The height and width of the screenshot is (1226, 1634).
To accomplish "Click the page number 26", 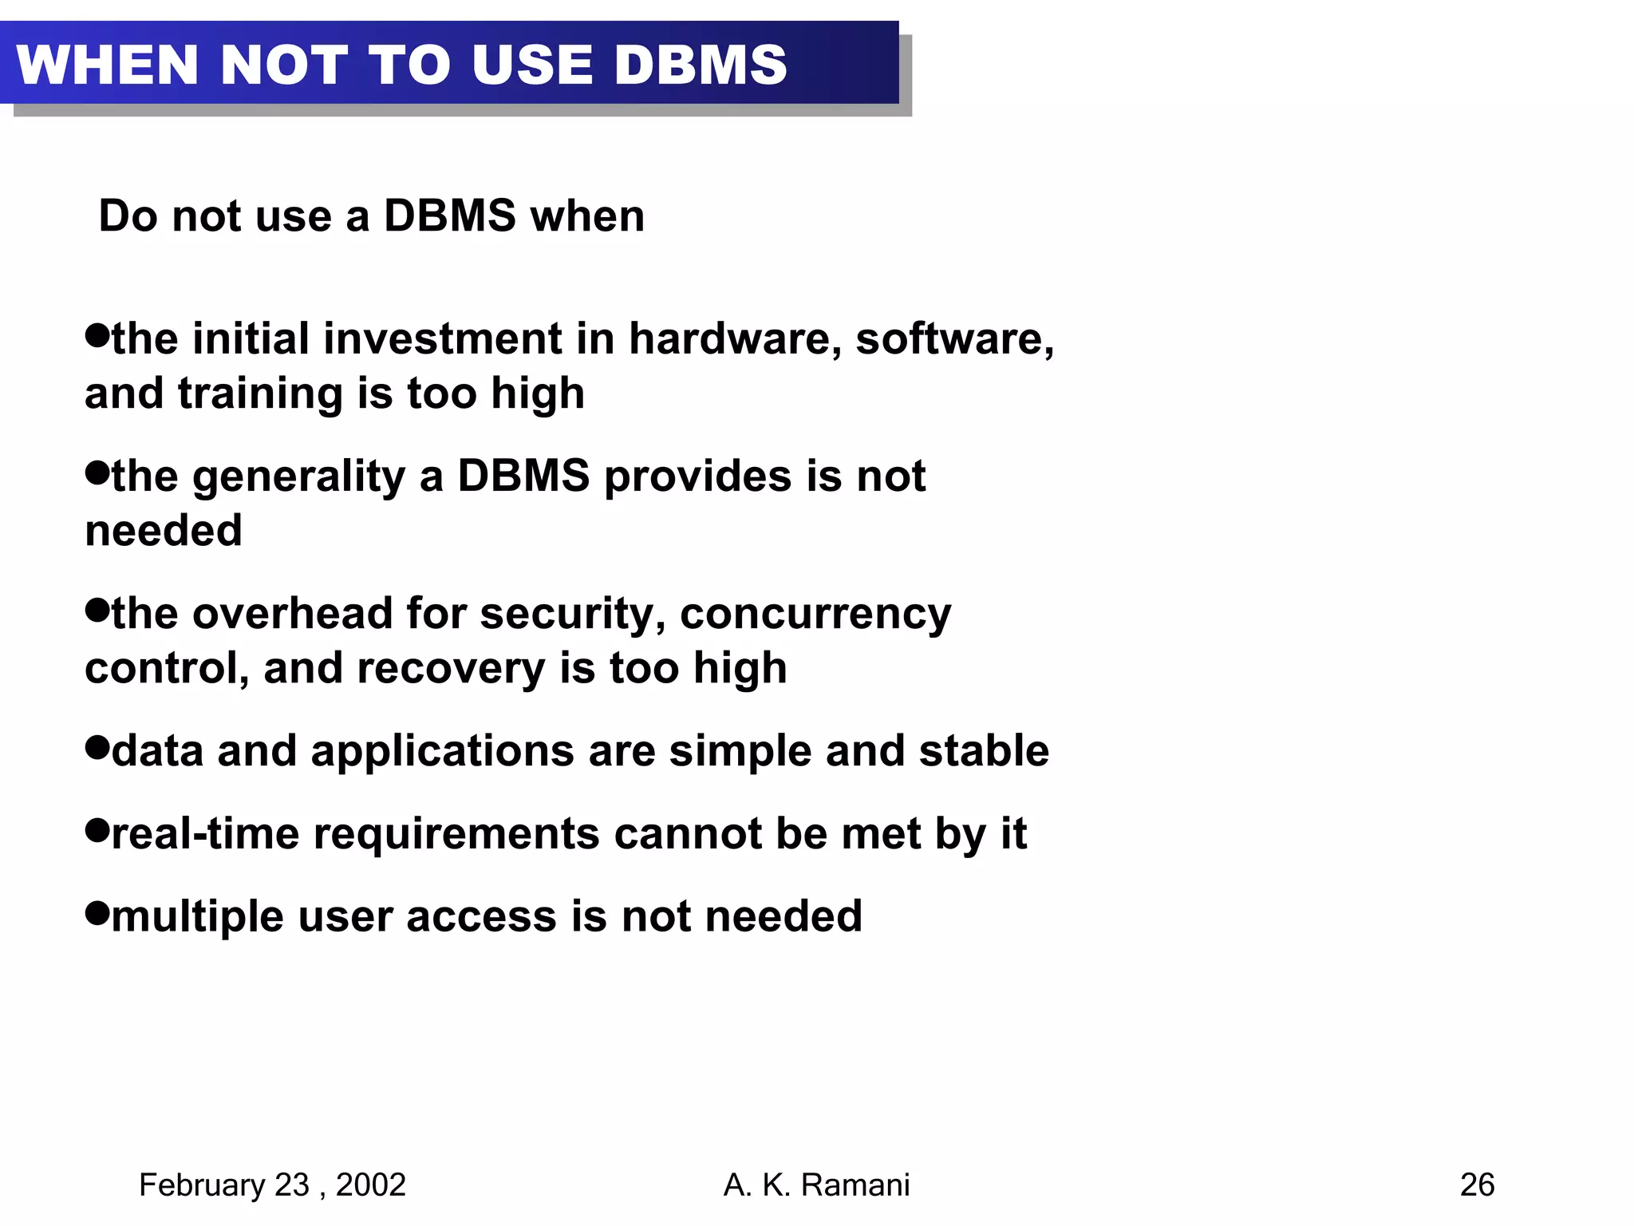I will click(1477, 1185).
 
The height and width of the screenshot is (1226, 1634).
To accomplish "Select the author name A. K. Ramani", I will click(816, 1185).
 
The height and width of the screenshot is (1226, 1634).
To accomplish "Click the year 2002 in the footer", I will click(371, 1185).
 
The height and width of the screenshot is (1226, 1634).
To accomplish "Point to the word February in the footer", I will click(202, 1185).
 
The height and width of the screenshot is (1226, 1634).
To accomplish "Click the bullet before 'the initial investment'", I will click(97, 335).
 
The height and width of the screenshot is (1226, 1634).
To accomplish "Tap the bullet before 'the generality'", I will click(97, 473).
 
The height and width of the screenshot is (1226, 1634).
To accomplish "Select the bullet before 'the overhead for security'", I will click(97, 611).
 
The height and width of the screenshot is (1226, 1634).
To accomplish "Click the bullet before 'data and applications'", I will click(97, 748).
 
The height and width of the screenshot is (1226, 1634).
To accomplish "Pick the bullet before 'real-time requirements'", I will click(97, 831).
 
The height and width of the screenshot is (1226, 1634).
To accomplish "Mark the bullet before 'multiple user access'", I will click(97, 913).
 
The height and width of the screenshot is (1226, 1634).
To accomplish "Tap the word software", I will click(954, 339).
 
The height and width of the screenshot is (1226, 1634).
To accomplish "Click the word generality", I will click(298, 477).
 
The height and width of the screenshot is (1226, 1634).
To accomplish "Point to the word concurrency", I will click(815, 615).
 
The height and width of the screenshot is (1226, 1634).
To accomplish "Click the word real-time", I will click(205, 834).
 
